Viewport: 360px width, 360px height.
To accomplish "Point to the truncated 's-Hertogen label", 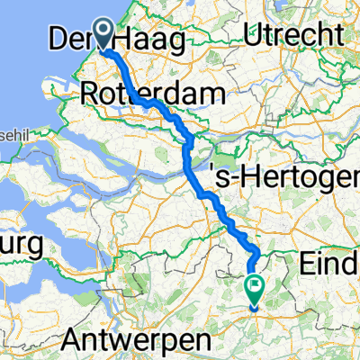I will point(284,173).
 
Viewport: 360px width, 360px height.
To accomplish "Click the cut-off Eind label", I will point(331,265).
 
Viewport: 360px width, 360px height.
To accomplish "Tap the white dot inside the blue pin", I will point(105,31).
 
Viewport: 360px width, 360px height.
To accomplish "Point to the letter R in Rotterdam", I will point(89,92).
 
